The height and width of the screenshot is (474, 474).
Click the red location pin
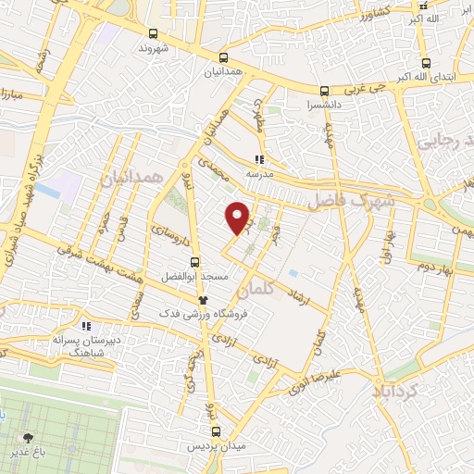click(x=239, y=217)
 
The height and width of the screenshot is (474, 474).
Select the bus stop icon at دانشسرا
click(x=324, y=91)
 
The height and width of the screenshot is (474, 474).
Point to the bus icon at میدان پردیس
click(x=216, y=431)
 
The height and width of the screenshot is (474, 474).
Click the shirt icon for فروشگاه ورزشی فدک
click(x=204, y=300)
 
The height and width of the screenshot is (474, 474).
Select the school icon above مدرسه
click(x=262, y=157)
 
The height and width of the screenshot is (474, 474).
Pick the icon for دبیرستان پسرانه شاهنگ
click(x=86, y=326)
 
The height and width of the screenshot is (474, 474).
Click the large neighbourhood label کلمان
click(x=256, y=290)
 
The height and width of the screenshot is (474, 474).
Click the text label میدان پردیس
click(x=216, y=448)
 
